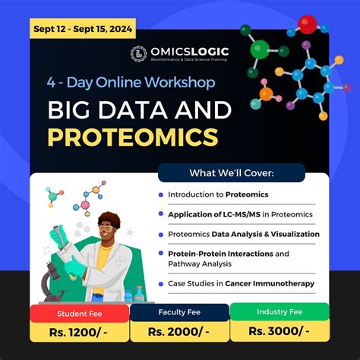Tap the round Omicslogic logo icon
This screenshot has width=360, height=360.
click(138, 54)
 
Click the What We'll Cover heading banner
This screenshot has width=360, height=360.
click(231, 172)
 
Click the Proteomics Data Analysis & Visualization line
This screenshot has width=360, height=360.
click(244, 234)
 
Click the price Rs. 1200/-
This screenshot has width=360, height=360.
click(78, 330)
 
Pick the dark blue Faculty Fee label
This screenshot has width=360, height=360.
click(179, 311)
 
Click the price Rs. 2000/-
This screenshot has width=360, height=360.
click(179, 330)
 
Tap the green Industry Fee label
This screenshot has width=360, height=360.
click(279, 311)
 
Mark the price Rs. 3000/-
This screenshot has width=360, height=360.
click(279, 330)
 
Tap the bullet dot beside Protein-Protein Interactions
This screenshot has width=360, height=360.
click(161, 254)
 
